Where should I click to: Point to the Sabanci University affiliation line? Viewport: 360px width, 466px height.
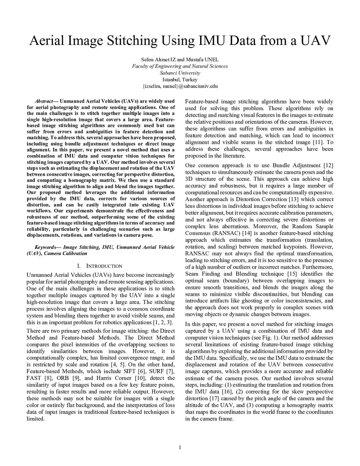click(x=180, y=73)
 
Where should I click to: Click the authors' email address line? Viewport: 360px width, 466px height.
click(x=180, y=86)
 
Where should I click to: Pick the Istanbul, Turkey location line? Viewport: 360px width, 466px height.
click(x=180, y=79)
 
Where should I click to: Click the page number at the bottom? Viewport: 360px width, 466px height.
click(x=180, y=447)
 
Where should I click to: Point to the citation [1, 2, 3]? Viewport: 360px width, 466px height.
click(x=163, y=323)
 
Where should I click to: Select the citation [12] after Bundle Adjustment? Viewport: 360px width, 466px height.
click(x=327, y=165)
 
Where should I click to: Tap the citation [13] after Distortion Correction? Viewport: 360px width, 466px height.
click(x=294, y=199)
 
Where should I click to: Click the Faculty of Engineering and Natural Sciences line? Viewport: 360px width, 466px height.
click(x=180, y=66)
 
